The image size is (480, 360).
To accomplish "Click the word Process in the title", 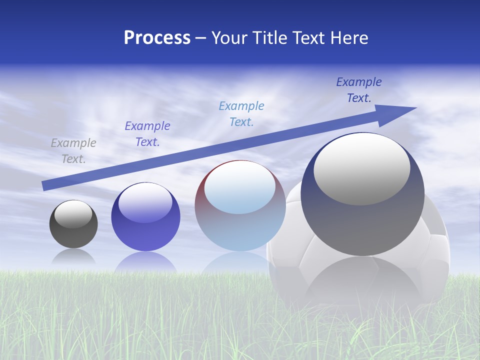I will (x=157, y=38).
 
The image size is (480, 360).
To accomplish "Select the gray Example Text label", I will (x=73, y=151).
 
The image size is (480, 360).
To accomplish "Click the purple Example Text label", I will (x=147, y=134).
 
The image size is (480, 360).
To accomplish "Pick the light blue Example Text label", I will (x=241, y=113).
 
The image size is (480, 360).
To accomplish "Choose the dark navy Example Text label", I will (x=359, y=90).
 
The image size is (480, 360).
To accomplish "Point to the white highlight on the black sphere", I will (x=73, y=214).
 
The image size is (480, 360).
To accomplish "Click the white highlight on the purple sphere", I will (x=145, y=202).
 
